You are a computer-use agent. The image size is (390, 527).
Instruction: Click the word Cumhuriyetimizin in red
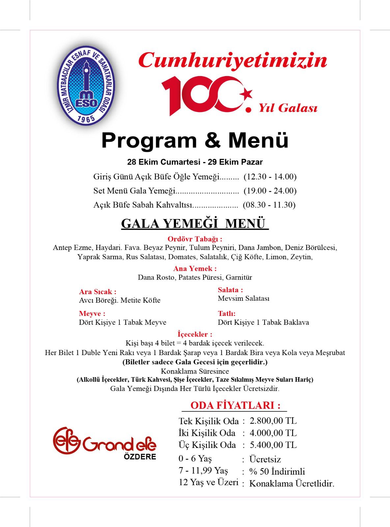[x=233, y=60]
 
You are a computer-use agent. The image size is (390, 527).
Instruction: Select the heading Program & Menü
[x=195, y=140]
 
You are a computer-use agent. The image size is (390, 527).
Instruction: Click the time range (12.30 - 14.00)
[x=270, y=177]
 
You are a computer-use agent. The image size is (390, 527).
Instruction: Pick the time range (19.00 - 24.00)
[x=270, y=191]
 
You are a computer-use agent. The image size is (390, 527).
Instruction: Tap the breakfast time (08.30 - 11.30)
[x=269, y=205]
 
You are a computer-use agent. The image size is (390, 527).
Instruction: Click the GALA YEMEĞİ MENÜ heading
[x=195, y=223]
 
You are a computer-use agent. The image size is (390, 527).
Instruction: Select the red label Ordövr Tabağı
[x=195, y=239]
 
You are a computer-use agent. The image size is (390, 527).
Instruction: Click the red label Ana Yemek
[x=195, y=268]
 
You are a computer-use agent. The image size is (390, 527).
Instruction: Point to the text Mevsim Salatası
[x=243, y=298]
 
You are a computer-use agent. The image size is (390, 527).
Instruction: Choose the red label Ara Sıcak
[x=97, y=292]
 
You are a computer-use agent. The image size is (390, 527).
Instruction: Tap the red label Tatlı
[x=227, y=314]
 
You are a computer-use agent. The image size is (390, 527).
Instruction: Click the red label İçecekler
[x=195, y=334]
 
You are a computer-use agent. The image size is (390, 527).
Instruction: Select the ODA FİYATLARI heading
[x=235, y=405]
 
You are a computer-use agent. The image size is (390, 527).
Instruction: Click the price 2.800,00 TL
[x=273, y=421]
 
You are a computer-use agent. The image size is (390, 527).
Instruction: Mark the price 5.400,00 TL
[x=273, y=445]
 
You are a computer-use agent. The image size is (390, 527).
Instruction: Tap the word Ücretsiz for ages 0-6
[x=265, y=459]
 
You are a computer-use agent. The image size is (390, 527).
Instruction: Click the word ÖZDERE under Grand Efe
[x=140, y=457]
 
